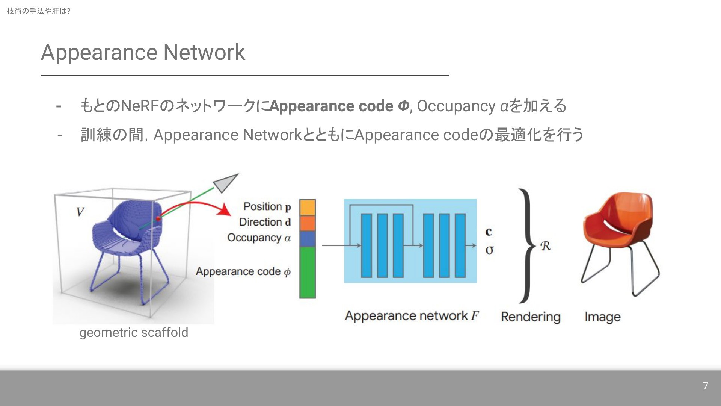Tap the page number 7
tap(705, 386)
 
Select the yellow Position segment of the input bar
tap(307, 207)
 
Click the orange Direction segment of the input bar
tap(307, 223)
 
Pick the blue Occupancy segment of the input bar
tap(307, 239)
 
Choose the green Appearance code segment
tap(307, 272)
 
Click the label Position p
tap(267, 206)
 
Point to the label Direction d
tap(265, 222)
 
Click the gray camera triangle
tap(225, 182)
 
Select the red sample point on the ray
tap(158, 218)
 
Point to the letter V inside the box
tap(80, 212)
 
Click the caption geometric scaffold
tap(134, 333)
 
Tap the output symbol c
tap(489, 232)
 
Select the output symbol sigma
tap(489, 250)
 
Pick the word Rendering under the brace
tap(530, 317)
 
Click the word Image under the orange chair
tap(602, 317)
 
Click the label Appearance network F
tap(412, 315)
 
